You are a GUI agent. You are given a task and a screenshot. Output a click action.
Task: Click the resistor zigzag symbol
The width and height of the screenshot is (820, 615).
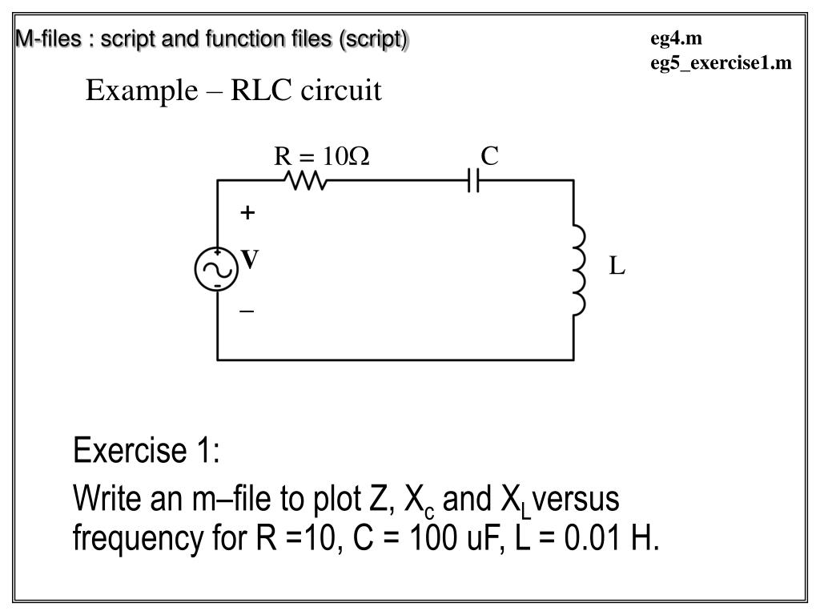click(x=305, y=183)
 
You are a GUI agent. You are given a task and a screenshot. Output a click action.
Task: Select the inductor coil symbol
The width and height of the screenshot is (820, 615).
click(x=578, y=271)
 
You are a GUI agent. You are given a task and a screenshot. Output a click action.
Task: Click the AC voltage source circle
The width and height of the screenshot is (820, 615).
click(x=216, y=268)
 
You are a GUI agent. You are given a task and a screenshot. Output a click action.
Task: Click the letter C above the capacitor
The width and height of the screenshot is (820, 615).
click(x=489, y=156)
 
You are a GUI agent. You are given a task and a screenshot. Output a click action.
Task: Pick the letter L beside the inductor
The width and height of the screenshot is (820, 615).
click(x=617, y=267)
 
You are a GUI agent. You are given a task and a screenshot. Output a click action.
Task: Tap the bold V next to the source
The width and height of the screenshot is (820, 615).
click(x=251, y=259)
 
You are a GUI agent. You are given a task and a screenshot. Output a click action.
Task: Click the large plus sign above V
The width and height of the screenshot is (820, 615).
click(x=248, y=213)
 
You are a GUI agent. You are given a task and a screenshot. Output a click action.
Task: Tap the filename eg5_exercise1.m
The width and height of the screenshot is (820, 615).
click(x=721, y=62)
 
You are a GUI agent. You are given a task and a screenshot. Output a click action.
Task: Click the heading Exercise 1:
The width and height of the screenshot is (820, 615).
click(x=147, y=451)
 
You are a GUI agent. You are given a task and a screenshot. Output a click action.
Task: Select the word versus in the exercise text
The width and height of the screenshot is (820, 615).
click(x=576, y=500)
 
